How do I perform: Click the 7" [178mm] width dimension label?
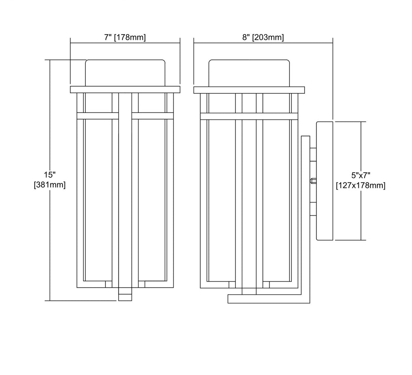pyautogui.click(x=125, y=37)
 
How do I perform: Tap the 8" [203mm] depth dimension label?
pyautogui.click(x=263, y=37)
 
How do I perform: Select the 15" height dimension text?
pyautogui.click(x=50, y=175)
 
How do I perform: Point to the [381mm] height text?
pyautogui.click(x=50, y=185)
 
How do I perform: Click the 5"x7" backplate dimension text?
pyautogui.click(x=361, y=175)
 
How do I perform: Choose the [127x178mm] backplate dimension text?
pyautogui.click(x=361, y=185)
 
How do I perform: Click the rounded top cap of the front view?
pyautogui.click(x=125, y=73)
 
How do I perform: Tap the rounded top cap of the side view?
pyautogui.click(x=249, y=73)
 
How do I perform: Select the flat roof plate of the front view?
pyautogui.click(x=125, y=89)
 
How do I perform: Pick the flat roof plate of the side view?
pyautogui.click(x=249, y=90)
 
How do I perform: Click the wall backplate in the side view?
pyautogui.click(x=325, y=181)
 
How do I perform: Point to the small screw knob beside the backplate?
pyautogui.click(x=313, y=181)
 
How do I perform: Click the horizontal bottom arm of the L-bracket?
pyautogui.click(x=269, y=299)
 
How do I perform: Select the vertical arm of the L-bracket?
pyautogui.click(x=306, y=216)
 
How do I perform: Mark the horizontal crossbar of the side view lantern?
pyautogui.click(x=249, y=117)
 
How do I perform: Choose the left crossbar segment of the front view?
pyautogui.click(x=98, y=116)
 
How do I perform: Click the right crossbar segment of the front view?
pyautogui.click(x=153, y=116)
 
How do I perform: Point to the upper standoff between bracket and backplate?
pyautogui.click(x=313, y=155)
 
